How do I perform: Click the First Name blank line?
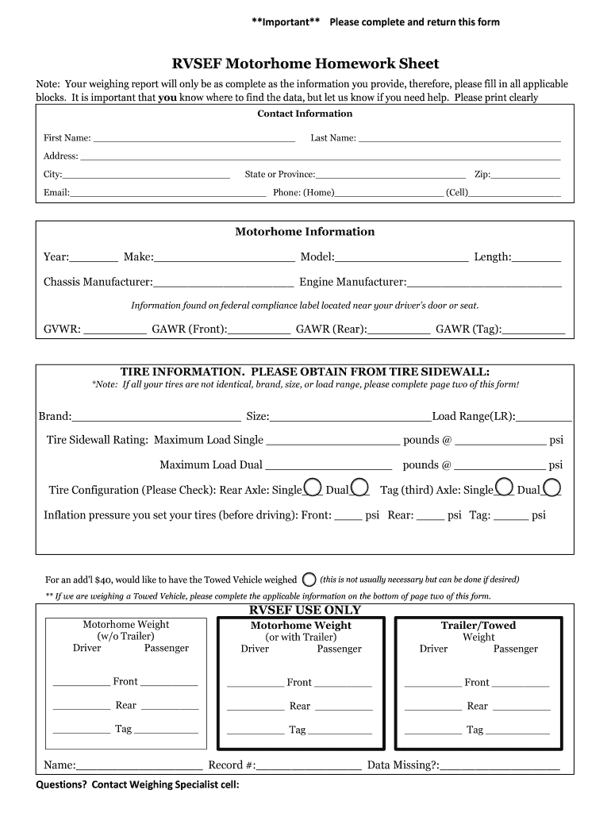click(x=194, y=138)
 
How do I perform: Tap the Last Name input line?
click(x=459, y=138)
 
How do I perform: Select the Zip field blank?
click(x=526, y=175)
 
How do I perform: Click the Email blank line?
click(x=167, y=193)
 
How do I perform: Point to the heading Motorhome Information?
click(x=305, y=232)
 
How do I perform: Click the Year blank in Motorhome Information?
click(x=94, y=258)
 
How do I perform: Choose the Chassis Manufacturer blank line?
click(x=223, y=283)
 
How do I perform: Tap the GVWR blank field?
click(x=115, y=329)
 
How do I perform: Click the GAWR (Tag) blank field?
click(x=534, y=329)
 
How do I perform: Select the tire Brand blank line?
click(x=156, y=417)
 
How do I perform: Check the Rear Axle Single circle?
click(x=313, y=487)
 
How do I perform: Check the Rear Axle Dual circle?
click(x=359, y=487)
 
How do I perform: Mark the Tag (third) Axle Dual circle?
click(x=551, y=487)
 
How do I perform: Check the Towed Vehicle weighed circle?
click(x=309, y=580)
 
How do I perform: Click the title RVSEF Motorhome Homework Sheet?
click(x=305, y=64)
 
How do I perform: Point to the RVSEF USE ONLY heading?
click(x=305, y=611)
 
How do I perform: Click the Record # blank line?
click(x=309, y=767)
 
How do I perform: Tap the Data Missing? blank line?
click(x=500, y=767)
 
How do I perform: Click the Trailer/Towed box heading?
click(x=478, y=626)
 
